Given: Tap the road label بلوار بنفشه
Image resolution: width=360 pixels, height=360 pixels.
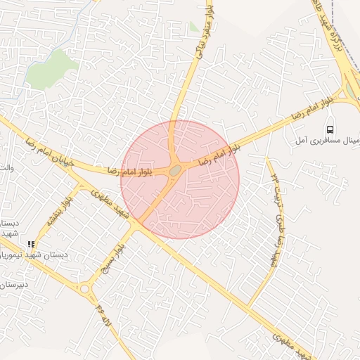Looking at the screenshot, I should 59,211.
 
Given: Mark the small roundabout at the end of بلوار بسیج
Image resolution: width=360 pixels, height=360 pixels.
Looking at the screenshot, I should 86,288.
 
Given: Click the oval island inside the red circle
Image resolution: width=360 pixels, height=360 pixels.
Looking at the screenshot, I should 174,169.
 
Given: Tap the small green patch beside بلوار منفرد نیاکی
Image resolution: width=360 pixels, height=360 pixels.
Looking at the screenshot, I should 193,27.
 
